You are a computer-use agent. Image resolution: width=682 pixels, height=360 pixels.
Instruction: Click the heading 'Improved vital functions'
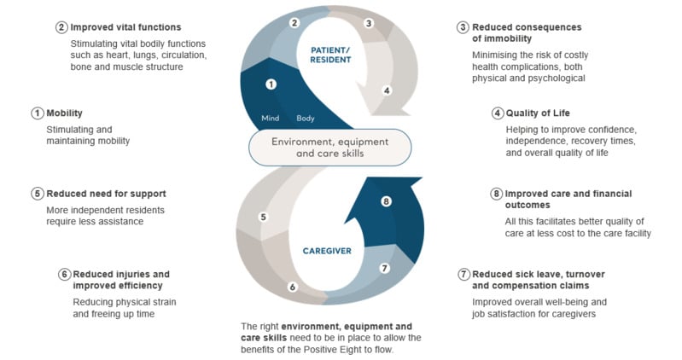[125, 27]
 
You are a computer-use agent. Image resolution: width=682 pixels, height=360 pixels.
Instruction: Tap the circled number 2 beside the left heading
[61, 27]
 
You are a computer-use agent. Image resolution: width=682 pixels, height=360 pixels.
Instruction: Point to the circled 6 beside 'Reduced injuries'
[64, 275]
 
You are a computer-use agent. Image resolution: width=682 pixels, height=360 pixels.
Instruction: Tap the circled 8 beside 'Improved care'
[497, 193]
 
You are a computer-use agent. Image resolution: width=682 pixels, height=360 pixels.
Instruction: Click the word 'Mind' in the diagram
[271, 118]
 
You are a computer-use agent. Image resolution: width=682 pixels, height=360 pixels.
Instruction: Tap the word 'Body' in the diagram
[306, 118]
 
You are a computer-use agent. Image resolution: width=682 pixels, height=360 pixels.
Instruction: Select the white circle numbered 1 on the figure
[271, 84]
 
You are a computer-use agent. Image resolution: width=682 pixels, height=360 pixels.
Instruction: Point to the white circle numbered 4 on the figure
[386, 90]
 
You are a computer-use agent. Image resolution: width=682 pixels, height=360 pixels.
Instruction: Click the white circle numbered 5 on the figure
[264, 217]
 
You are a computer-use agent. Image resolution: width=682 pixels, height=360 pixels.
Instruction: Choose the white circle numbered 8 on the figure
[386, 202]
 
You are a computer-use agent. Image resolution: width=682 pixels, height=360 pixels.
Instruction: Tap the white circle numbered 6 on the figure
[292, 287]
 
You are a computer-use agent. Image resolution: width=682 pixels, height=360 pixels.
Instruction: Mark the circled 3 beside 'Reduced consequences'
[463, 27]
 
